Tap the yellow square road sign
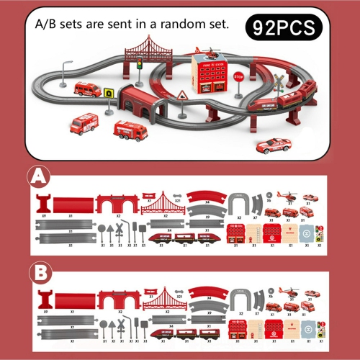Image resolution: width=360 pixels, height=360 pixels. pos(108,92)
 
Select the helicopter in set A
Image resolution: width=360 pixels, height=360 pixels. pos(289,196)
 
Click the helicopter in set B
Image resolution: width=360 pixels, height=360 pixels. pos(289,293)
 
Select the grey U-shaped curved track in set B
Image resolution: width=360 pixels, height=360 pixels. pos(240,300)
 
